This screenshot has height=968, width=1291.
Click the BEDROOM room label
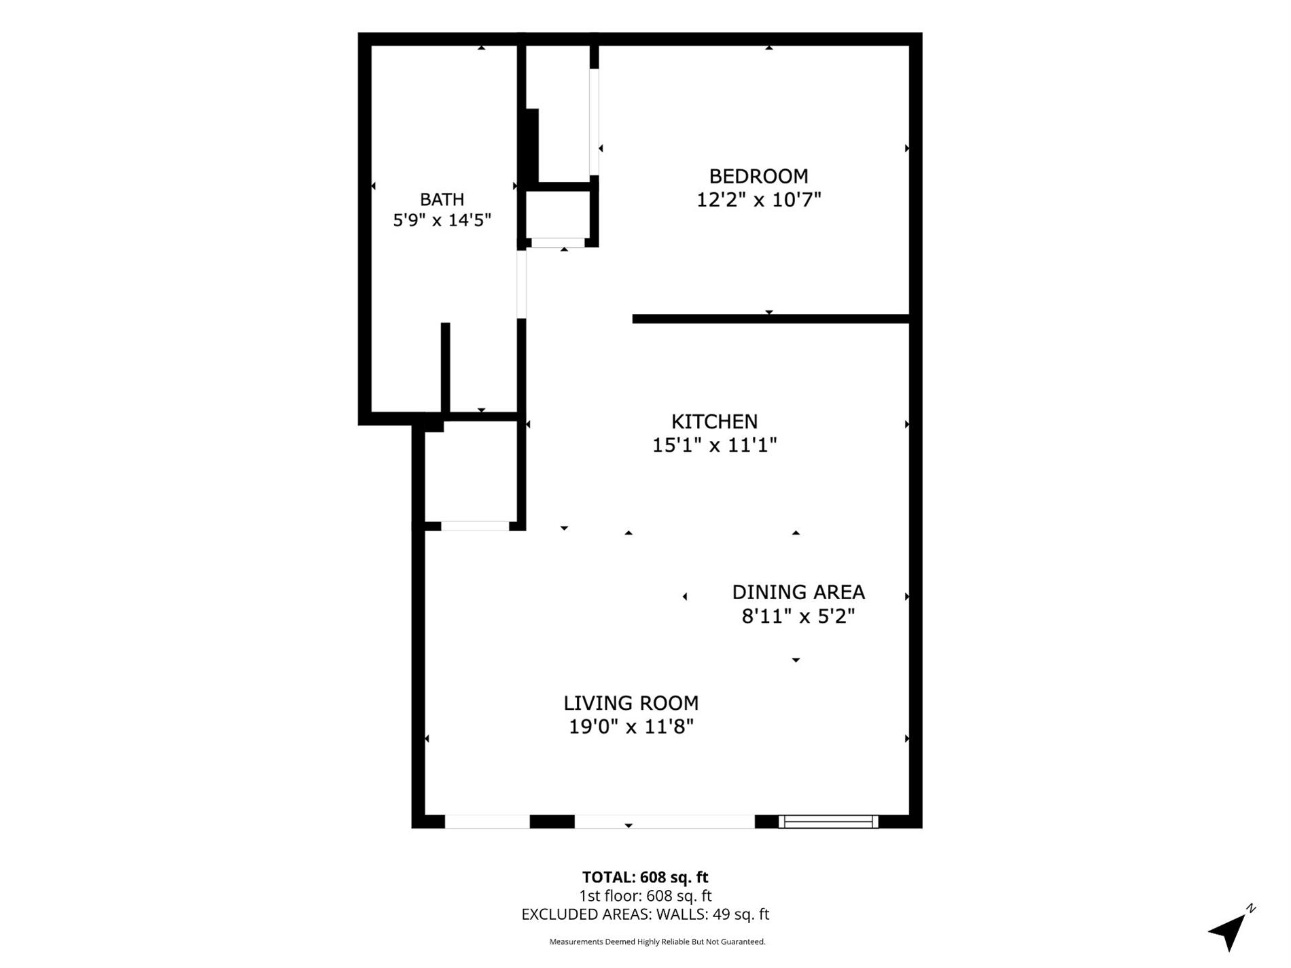[758, 176]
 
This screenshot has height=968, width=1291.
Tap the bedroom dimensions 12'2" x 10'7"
[758, 200]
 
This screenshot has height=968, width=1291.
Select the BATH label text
[442, 199]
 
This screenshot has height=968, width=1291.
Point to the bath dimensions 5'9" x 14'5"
[442, 220]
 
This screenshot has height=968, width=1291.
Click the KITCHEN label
[714, 421]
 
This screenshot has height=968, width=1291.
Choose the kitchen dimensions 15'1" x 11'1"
[714, 445]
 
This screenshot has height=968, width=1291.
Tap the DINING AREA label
[798, 592]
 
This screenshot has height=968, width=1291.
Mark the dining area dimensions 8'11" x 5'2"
[798, 616]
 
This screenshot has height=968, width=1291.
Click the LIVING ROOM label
[631, 703]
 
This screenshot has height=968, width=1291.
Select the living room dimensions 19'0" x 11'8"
[631, 727]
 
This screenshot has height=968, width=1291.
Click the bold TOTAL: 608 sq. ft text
[645, 878]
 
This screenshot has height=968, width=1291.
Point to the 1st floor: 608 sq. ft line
[645, 896]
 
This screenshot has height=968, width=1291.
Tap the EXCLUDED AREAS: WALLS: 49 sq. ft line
[645, 914]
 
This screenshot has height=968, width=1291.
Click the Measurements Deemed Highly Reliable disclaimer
[657, 942]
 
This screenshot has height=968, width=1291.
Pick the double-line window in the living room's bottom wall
[828, 822]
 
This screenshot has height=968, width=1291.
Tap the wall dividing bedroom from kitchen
[771, 319]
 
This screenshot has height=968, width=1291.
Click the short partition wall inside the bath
[446, 368]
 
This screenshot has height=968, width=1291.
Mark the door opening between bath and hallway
[522, 284]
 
